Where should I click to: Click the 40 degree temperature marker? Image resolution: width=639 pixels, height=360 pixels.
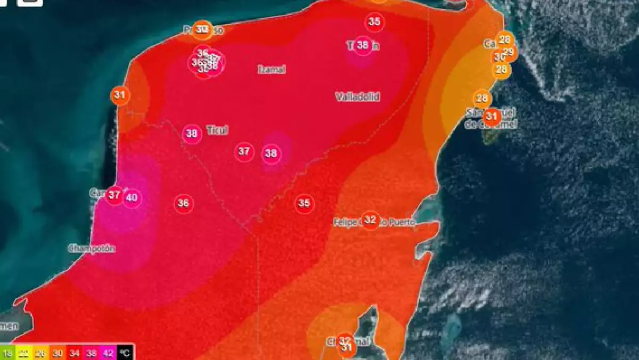tap(132, 199)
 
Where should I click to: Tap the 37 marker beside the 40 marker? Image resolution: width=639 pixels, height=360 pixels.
tap(114, 195)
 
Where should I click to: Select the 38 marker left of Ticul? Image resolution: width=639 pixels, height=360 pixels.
tap(192, 134)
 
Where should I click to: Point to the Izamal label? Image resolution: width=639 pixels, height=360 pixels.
tap(272, 70)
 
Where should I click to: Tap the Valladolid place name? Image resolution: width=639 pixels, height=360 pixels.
tap(357, 97)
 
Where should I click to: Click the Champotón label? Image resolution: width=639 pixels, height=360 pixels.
tap(92, 248)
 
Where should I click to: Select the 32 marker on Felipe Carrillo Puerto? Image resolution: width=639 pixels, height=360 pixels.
tap(370, 219)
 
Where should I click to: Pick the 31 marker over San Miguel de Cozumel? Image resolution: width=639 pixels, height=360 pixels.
tap(491, 116)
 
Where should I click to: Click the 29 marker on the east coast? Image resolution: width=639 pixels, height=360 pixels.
tap(509, 52)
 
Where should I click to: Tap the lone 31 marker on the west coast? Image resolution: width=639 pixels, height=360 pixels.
tap(120, 96)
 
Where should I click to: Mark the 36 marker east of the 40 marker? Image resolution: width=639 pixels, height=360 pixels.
tap(183, 203)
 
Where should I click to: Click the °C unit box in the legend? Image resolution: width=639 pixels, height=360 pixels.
tap(125, 353)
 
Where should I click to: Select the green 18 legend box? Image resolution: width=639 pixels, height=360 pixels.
tap(7, 353)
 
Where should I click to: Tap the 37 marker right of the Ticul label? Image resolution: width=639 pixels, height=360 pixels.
tap(244, 152)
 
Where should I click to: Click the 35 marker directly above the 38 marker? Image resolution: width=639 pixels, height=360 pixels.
tap(374, 22)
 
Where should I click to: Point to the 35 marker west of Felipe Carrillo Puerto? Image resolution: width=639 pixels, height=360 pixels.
tap(304, 203)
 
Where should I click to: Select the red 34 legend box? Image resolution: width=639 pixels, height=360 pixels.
tap(74, 353)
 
